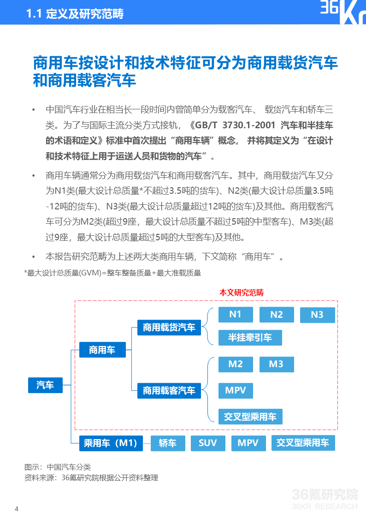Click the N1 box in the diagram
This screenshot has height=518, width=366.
click(x=236, y=315)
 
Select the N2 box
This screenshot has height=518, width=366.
click(x=277, y=315)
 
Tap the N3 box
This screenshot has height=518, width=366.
click(x=317, y=315)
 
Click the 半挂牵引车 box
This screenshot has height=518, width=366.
click(x=250, y=338)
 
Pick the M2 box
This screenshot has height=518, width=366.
click(x=236, y=364)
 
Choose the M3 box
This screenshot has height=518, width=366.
click(x=276, y=364)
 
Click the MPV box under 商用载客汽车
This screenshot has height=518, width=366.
click(x=236, y=391)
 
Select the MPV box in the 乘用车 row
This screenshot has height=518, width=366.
click(x=248, y=443)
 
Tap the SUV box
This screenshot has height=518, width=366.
click(x=207, y=443)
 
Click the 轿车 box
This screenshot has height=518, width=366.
click(x=168, y=443)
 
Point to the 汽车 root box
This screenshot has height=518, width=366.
click(x=45, y=385)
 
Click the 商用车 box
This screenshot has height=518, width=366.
click(x=102, y=350)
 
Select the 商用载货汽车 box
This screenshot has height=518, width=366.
click(x=169, y=327)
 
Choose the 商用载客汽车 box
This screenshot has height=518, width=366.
click(x=169, y=391)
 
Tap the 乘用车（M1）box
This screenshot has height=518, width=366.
click(x=111, y=443)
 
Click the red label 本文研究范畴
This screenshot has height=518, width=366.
click(x=242, y=292)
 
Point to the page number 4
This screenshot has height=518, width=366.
click(x=17, y=509)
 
